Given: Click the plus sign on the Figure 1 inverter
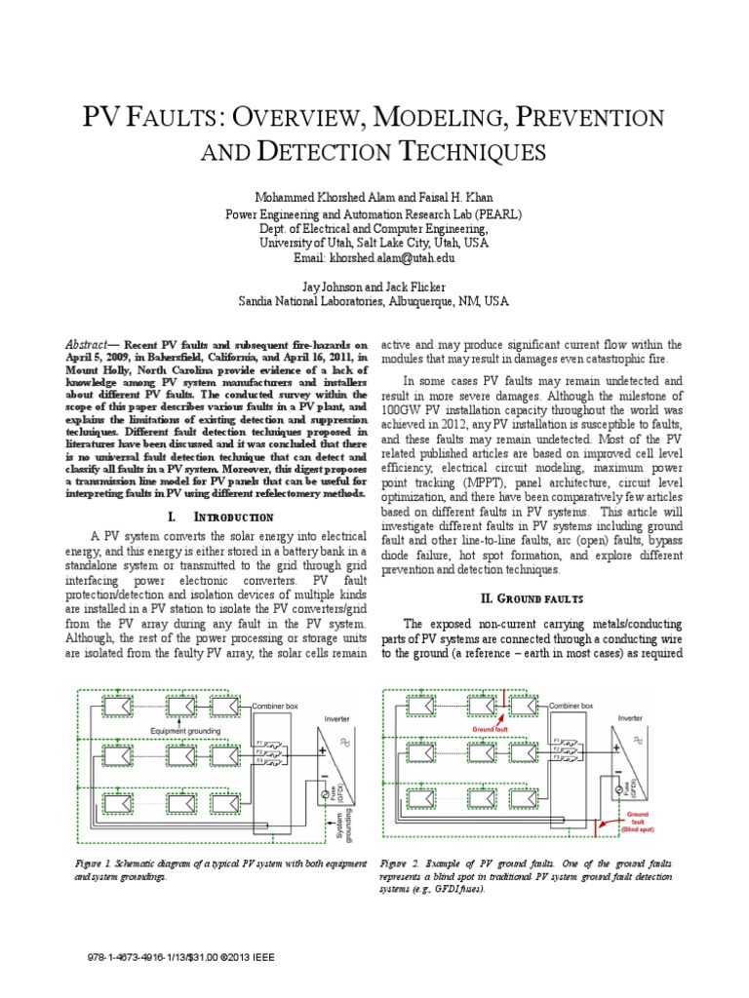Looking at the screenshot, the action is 319,750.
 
